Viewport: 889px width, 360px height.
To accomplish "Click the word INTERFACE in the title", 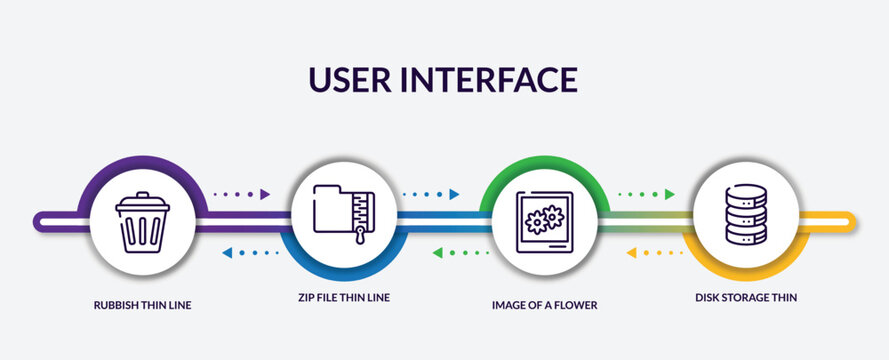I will tap(497, 79).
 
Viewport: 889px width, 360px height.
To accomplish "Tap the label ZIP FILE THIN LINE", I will tap(342, 297).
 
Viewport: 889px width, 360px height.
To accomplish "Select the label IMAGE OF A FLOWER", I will tap(544, 305).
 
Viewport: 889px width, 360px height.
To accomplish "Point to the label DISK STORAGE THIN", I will tap(746, 297).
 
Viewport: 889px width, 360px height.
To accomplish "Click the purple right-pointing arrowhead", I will tap(265, 194).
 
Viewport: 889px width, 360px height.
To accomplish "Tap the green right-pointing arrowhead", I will tap(670, 194).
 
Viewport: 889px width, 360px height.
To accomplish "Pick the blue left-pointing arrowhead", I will tap(227, 253).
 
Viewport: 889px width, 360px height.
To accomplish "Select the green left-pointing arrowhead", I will tap(438, 253).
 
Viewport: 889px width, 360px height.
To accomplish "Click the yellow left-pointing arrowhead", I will tap(631, 253).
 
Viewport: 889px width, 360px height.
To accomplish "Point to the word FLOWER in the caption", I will tap(577, 305).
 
